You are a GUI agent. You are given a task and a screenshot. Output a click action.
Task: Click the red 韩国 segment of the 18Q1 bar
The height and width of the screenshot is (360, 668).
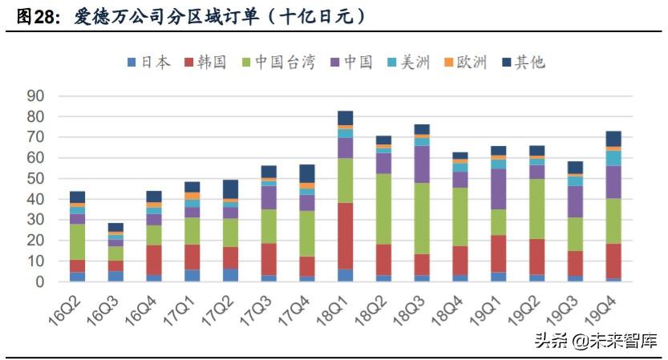click(346, 236)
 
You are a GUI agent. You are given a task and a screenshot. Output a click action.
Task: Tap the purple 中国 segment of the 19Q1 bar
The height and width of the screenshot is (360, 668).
click(499, 188)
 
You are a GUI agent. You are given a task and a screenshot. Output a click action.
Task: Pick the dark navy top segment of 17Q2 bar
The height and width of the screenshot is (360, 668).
click(231, 189)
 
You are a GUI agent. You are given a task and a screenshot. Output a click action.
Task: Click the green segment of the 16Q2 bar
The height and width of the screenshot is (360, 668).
click(78, 241)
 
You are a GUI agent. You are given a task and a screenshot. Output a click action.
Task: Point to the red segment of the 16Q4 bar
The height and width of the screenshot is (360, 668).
click(154, 260)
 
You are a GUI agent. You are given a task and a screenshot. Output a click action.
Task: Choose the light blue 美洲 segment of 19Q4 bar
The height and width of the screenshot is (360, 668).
click(613, 158)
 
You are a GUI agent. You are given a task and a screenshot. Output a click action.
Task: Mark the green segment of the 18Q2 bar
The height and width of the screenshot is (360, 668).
click(384, 208)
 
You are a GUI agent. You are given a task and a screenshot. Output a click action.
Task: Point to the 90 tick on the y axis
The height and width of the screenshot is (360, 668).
click(35, 95)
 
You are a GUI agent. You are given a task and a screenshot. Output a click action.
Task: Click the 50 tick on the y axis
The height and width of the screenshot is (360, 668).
click(35, 178)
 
